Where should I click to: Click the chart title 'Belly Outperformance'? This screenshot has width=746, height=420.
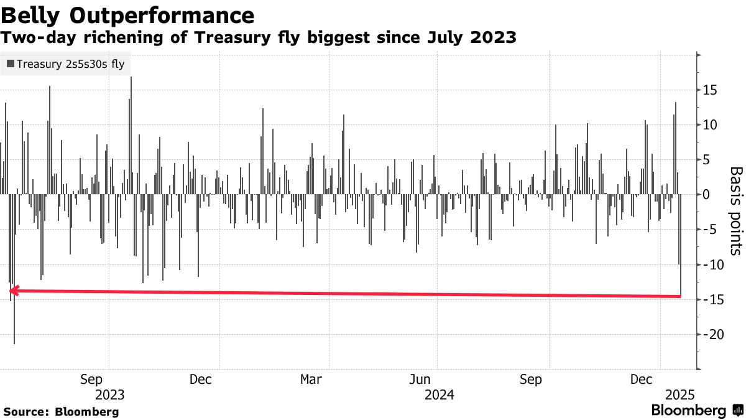pyautogui.click(x=127, y=15)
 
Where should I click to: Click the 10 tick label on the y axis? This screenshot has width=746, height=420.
pyautogui.click(x=711, y=125)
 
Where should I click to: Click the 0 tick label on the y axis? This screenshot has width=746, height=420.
pyautogui.click(x=707, y=195)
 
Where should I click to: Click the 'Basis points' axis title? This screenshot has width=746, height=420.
pyautogui.click(x=735, y=210)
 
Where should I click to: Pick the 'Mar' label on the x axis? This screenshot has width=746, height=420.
pyautogui.click(x=311, y=379)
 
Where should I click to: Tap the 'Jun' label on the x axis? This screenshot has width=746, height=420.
pyautogui.click(x=421, y=379)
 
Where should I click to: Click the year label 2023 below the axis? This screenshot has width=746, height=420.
pyautogui.click(x=109, y=394)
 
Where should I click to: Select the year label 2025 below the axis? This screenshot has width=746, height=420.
pyautogui.click(x=679, y=394)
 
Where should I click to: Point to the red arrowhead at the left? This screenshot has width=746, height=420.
pyautogui.click(x=14, y=291)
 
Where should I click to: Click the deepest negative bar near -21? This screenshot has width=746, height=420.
pyautogui.click(x=14, y=311)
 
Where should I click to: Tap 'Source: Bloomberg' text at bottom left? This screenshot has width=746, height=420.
pyautogui.click(x=61, y=411)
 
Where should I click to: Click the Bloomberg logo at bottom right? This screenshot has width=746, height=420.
pyautogui.click(x=696, y=411)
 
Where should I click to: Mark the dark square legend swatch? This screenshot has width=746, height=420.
pyautogui.click(x=11, y=63)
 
